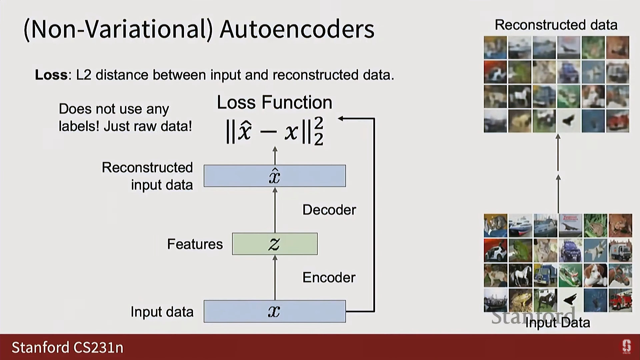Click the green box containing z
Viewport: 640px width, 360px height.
tap(275, 244)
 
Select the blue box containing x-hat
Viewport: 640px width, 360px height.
tap(275, 176)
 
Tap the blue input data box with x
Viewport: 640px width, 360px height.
tap(275, 311)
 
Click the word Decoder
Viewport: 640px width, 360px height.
tap(329, 210)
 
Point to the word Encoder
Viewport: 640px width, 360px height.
tap(329, 278)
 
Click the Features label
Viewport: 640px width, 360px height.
tap(195, 244)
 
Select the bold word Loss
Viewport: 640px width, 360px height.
tap(51, 75)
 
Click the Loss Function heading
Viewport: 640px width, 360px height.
tap(274, 102)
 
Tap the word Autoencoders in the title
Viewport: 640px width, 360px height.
tap(297, 29)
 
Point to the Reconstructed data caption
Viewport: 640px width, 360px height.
tap(556, 25)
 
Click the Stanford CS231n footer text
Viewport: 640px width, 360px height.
tap(67, 348)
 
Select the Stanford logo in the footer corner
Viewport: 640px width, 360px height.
tap(626, 347)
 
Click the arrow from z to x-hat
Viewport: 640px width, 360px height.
tap(275, 210)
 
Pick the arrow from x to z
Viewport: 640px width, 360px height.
tap(275, 278)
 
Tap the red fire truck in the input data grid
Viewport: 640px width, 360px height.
tap(620, 300)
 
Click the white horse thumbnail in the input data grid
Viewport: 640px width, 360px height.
tap(520, 275)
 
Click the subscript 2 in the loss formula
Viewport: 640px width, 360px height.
tap(318, 140)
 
